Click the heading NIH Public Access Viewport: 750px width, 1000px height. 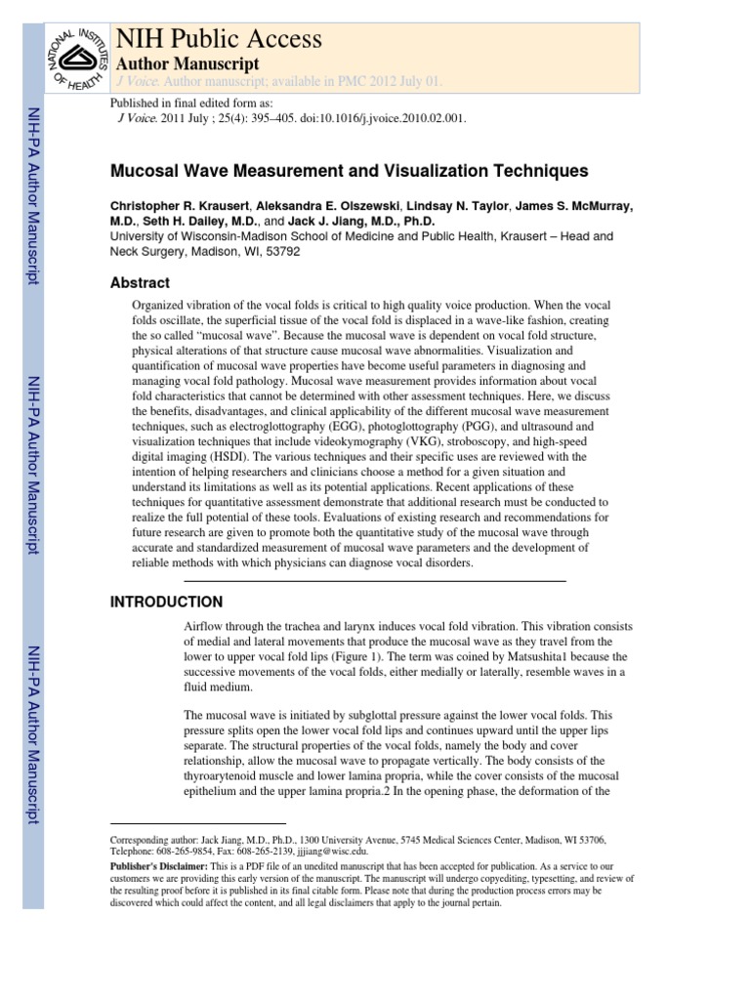coord(219,38)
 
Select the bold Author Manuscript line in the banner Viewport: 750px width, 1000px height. coord(187,62)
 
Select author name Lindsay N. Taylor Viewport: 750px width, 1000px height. coord(460,207)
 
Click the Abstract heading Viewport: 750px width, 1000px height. coord(140,283)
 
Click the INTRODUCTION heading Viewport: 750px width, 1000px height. coord(166,602)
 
